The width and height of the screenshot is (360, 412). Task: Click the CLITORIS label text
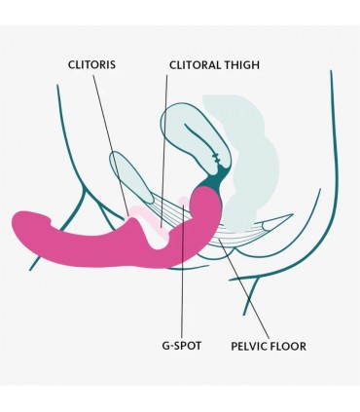click(x=91, y=64)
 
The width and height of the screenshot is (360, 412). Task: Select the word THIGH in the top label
click(x=241, y=65)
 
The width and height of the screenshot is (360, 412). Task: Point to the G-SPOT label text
click(x=182, y=346)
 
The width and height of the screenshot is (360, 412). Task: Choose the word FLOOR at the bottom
click(x=289, y=346)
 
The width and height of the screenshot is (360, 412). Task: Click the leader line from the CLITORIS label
click(x=111, y=145)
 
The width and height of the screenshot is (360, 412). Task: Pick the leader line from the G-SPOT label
click(x=183, y=272)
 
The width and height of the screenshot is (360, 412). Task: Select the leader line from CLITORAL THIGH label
click(x=164, y=151)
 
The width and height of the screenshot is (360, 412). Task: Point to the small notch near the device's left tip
click(x=50, y=221)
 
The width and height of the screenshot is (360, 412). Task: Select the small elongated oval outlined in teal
click(x=130, y=177)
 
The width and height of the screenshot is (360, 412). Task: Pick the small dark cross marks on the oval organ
click(x=216, y=158)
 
